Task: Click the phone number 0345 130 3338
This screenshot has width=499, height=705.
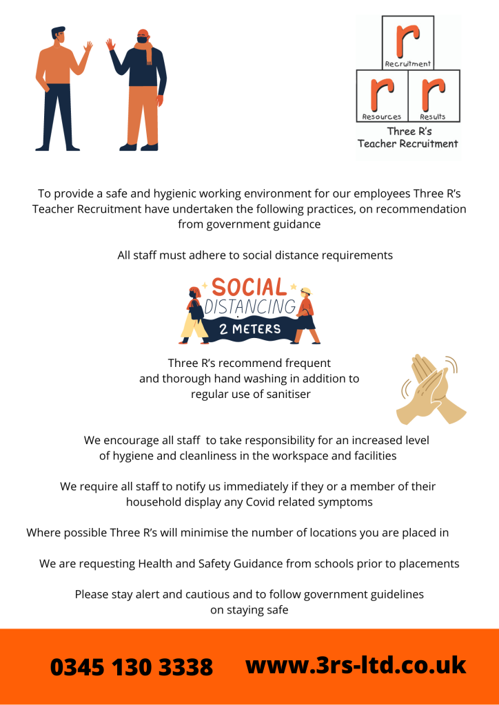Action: click(x=131, y=667)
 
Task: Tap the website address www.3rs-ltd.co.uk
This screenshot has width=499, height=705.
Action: click(x=356, y=665)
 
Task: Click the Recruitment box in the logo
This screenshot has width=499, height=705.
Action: click(x=408, y=43)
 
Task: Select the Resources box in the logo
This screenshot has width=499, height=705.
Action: click(x=382, y=96)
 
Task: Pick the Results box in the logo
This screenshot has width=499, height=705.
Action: click(x=434, y=96)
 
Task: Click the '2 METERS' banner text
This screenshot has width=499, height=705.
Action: click(x=250, y=328)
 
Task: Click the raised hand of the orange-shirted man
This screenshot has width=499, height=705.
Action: click(x=88, y=49)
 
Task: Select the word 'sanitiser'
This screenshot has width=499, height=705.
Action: click(x=286, y=394)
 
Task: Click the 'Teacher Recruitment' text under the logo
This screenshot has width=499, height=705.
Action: click(x=407, y=144)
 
